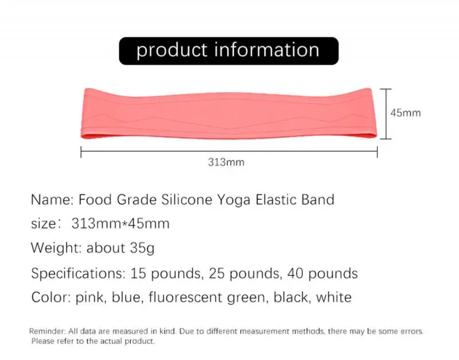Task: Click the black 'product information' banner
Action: pyautogui.click(x=228, y=51)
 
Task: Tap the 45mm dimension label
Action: pyautogui.click(x=406, y=113)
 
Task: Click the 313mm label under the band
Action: pyautogui.click(x=226, y=162)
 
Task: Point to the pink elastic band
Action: pyautogui.click(x=229, y=114)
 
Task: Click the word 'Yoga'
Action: pyautogui.click(x=235, y=200)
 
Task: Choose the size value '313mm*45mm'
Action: pyautogui.click(x=120, y=224)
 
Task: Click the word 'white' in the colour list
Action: pyautogui.click(x=332, y=297)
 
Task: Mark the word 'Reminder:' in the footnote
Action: pyautogui.click(x=47, y=332)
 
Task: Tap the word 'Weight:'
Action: pyautogui.click(x=57, y=249)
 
